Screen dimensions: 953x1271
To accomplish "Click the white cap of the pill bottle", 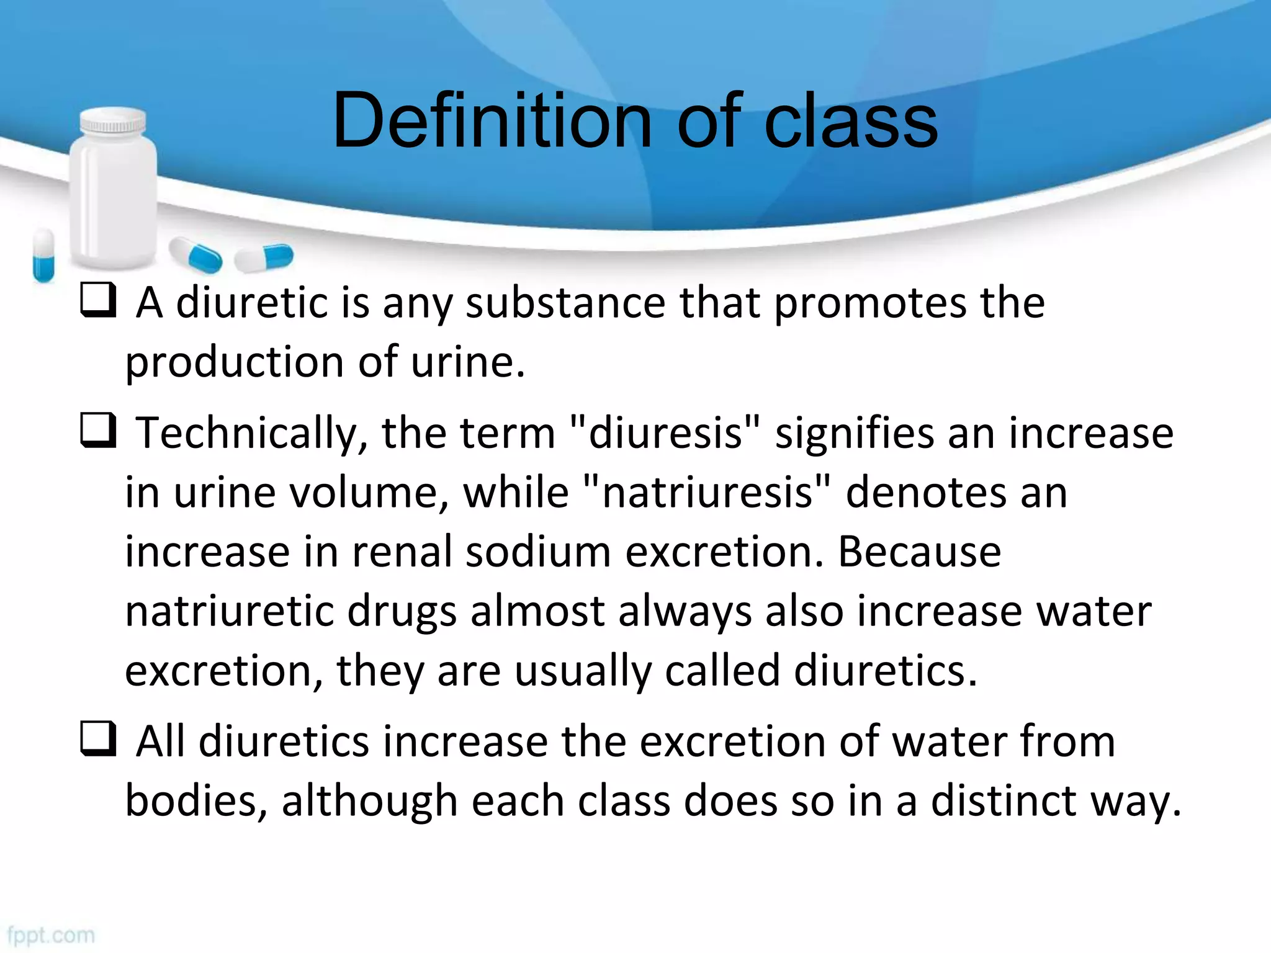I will point(114,120).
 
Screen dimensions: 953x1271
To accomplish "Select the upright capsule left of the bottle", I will point(43,255).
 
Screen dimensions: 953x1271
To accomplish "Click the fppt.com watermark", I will point(51,935).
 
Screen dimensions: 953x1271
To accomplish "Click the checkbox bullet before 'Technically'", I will point(98,431).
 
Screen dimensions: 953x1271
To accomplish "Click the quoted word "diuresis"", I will point(665,432).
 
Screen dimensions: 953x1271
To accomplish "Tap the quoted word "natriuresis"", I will point(707,492).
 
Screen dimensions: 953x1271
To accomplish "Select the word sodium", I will point(538,552).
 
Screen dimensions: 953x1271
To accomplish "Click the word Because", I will point(919,552).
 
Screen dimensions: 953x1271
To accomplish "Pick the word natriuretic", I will point(229,611).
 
